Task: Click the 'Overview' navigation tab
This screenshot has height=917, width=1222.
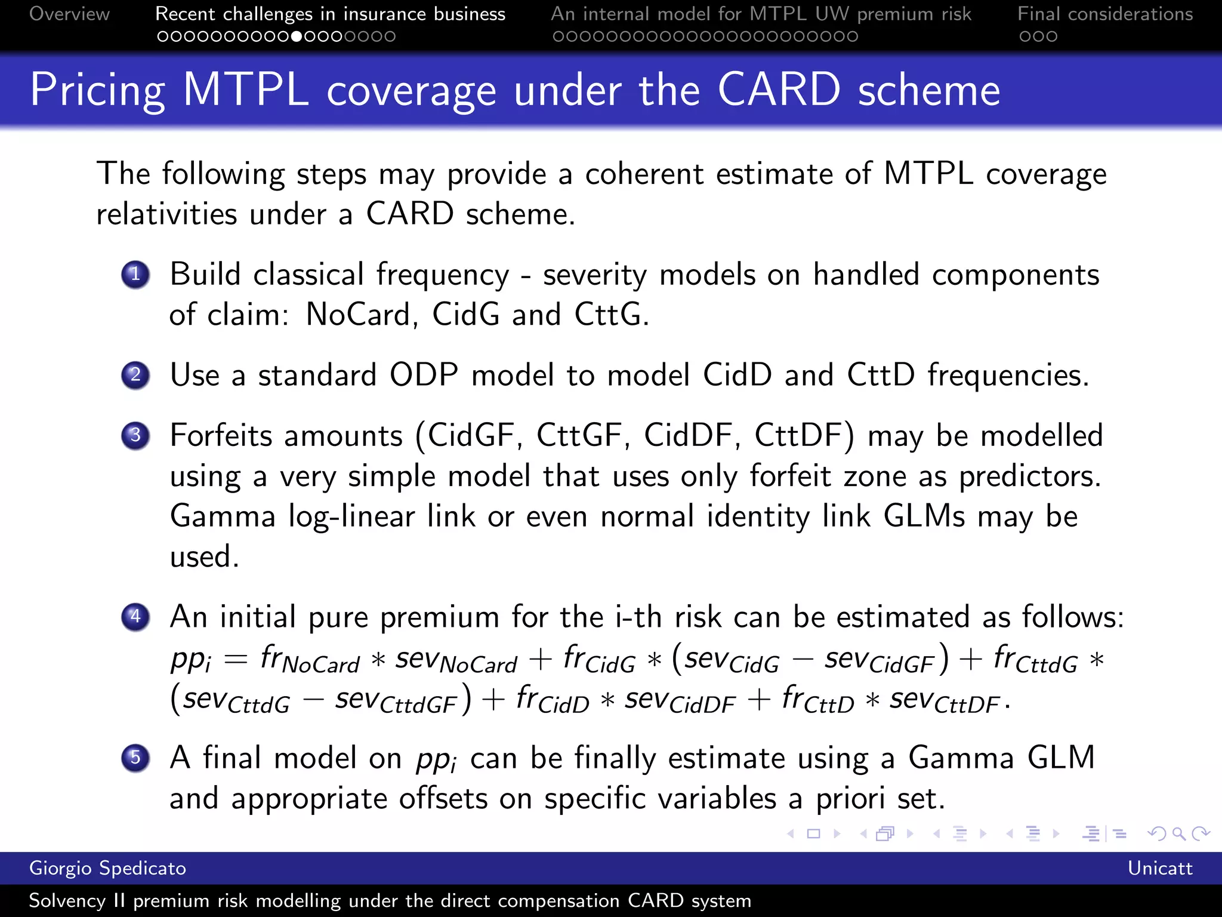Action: [x=69, y=14]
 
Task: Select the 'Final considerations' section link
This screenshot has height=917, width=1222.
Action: [x=1105, y=14]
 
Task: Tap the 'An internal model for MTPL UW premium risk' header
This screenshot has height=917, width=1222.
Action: [x=761, y=14]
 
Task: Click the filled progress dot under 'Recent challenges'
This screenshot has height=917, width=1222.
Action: [x=297, y=36]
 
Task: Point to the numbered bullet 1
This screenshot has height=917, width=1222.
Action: [x=135, y=275]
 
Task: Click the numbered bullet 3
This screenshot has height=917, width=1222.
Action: [x=135, y=435]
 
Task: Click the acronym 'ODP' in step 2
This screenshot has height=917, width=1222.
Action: [x=424, y=376]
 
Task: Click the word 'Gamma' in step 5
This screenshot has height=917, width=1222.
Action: [x=961, y=758]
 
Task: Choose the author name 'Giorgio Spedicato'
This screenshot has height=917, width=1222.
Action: [x=107, y=868]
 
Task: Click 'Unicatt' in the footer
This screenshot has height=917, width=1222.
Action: [x=1159, y=868]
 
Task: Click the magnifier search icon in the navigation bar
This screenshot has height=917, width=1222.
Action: [x=1178, y=833]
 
